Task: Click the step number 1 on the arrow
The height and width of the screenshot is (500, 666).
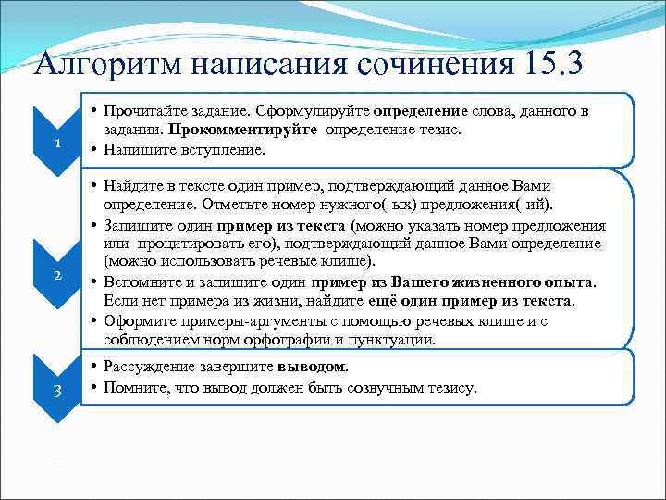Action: coord(57,144)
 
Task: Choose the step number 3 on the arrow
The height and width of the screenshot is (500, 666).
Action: coord(57,390)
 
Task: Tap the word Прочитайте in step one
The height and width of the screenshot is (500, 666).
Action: coord(142,112)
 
